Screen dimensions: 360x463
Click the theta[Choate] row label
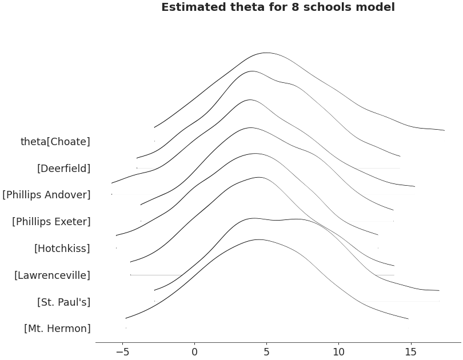pos(55,142)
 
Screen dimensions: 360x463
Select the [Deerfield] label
pos(63,169)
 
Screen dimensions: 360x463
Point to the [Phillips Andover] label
pos(46,195)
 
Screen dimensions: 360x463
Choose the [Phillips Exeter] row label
pos(51,222)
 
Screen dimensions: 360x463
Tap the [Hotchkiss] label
pos(62,249)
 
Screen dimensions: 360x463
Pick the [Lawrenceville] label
pos(53,275)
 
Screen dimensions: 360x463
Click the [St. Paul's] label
pos(63,302)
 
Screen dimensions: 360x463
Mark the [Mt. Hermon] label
pos(57,329)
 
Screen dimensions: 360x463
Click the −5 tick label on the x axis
pos(122,352)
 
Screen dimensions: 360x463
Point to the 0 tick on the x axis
pos(194,352)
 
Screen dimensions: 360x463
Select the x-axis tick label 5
pos(266,352)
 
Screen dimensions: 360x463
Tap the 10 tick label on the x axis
pos(338,352)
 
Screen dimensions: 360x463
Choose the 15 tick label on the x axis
pos(410,352)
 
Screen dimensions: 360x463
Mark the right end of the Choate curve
pos(444,131)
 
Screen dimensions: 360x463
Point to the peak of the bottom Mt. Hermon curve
pos(258,239)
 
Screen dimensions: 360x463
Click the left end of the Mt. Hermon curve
pos(126,318)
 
